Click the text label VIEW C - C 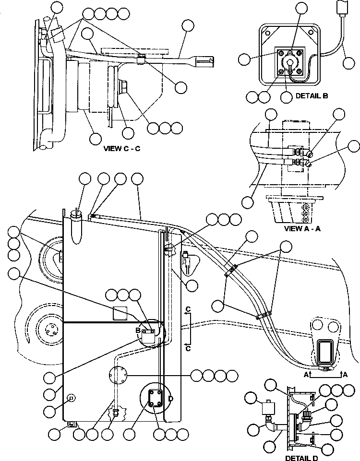click(x=122, y=148)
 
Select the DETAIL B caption click(x=312, y=96)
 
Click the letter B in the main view click(x=137, y=331)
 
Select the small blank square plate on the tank click(x=120, y=313)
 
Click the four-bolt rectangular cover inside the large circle click(x=156, y=398)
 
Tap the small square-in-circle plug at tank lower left click(x=71, y=397)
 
